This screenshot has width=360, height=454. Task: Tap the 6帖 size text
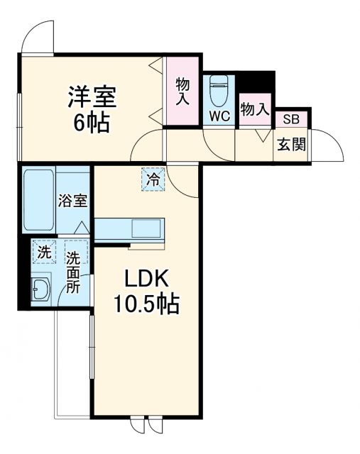click(x=92, y=122)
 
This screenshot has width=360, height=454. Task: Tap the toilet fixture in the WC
click(x=219, y=90)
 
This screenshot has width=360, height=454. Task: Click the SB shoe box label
click(x=291, y=119)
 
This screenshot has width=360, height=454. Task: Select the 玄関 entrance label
click(x=291, y=145)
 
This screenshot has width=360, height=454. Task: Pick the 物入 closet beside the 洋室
click(x=182, y=92)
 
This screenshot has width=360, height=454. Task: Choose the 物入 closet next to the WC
click(x=254, y=110)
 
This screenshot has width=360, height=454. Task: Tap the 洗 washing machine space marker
click(x=44, y=251)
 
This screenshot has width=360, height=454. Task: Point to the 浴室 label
click(x=72, y=200)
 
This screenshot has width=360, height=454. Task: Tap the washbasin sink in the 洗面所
click(x=40, y=289)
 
